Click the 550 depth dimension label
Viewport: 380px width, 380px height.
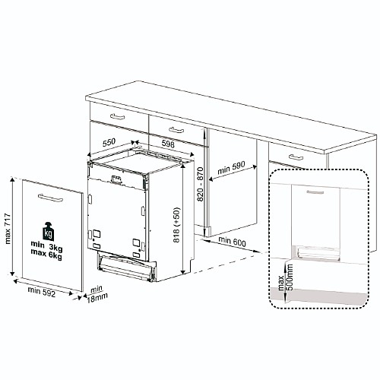coord(109,143)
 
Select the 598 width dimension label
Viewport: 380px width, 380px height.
coord(168,144)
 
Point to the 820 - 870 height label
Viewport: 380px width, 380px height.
coord(200,184)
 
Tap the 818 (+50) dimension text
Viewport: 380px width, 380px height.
coord(176,225)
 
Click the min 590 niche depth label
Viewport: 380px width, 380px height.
coord(231,168)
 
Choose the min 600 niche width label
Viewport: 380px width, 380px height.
coord(232,242)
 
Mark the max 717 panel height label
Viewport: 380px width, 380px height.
coord(8,229)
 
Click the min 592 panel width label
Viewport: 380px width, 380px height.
coord(41,292)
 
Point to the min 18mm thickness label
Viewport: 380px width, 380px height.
coord(97,294)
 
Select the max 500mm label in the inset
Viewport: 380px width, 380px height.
coord(285,277)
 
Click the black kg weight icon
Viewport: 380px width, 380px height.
coord(48,232)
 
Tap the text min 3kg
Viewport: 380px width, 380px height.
coord(46,245)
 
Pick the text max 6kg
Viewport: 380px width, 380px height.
coord(46,254)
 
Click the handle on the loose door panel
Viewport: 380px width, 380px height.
coord(50,198)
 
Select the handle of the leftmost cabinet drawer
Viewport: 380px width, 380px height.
coord(118,116)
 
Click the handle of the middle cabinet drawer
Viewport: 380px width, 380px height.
coord(176,130)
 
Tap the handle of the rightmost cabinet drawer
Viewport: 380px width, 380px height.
coord(296,157)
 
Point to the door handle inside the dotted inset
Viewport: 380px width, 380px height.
coord(315,192)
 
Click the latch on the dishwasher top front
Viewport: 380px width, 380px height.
coord(116,179)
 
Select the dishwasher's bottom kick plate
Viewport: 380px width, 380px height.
coord(126,268)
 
